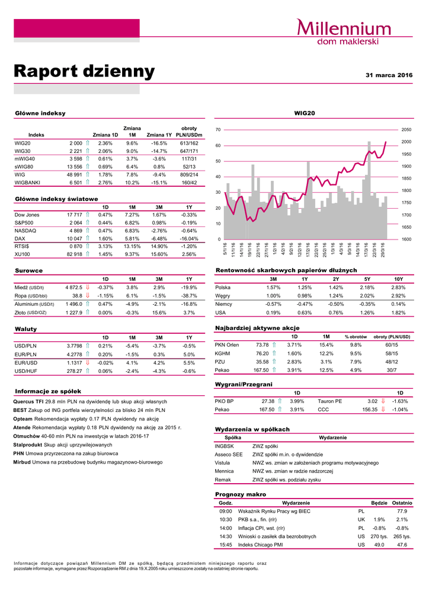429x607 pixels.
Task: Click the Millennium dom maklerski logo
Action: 343,32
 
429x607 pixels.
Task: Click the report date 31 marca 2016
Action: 389,75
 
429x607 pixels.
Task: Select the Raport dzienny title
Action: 84,72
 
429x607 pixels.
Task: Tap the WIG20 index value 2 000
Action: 76,143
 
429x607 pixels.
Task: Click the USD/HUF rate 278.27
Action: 74,371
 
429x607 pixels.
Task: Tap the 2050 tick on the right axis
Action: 406,129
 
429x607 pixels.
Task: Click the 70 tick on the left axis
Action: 218,129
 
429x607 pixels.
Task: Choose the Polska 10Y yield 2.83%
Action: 398,287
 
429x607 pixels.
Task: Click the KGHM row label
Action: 223,353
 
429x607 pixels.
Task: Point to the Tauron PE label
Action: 330,401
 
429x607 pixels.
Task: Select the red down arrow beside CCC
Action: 383,409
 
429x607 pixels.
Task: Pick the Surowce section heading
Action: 28,270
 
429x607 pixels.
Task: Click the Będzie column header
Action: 379,503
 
